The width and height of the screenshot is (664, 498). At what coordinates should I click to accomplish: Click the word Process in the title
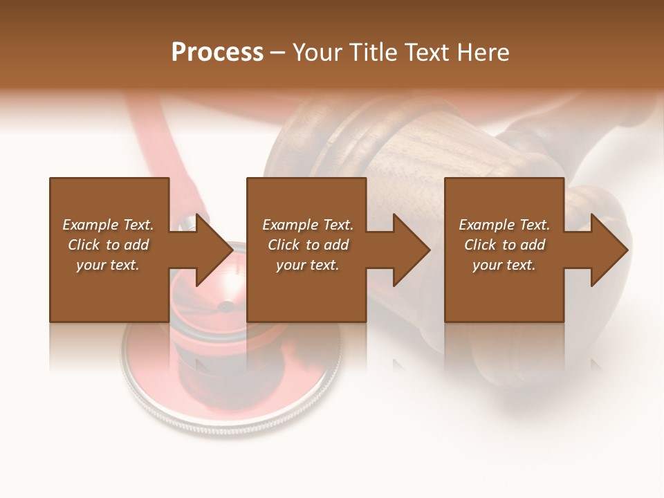[217, 53]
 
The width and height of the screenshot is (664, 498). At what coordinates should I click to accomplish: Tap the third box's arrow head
[608, 250]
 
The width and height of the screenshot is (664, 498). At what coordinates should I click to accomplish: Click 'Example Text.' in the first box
[108, 225]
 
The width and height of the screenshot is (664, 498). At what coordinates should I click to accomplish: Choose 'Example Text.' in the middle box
[307, 225]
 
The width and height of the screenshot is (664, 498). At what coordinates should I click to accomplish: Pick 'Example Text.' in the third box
[504, 225]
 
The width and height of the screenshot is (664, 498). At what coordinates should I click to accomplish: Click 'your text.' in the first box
[108, 265]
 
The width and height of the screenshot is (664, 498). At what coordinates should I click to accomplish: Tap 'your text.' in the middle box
[307, 265]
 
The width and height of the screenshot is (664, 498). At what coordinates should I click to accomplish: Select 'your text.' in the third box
[504, 265]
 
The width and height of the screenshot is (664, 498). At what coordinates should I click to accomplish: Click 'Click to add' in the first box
[108, 245]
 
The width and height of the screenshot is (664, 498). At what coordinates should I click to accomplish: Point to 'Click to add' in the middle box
[307, 245]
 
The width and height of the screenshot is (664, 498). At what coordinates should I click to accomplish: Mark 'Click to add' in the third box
[504, 245]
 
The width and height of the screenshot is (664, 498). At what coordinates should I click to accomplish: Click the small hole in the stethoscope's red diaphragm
[226, 306]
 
